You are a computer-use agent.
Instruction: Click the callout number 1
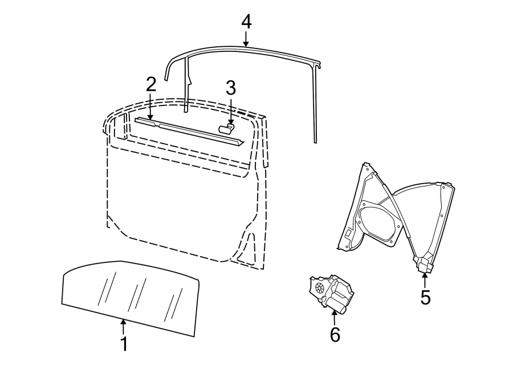pyautogui.click(x=123, y=344)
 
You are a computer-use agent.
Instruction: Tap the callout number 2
pyautogui.click(x=150, y=84)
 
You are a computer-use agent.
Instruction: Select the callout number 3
pyautogui.click(x=230, y=88)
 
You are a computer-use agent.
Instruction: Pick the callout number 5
pyautogui.click(x=425, y=297)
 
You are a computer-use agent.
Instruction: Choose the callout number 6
pyautogui.click(x=335, y=335)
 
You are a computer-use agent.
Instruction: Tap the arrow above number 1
pyautogui.click(x=123, y=327)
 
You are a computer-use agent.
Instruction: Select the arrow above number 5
pyautogui.click(x=425, y=280)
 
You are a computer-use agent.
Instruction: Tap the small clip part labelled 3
pyautogui.click(x=226, y=129)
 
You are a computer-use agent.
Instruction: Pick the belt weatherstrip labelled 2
pyautogui.click(x=194, y=131)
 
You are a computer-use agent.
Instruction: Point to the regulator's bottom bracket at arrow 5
pyautogui.click(x=424, y=263)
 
